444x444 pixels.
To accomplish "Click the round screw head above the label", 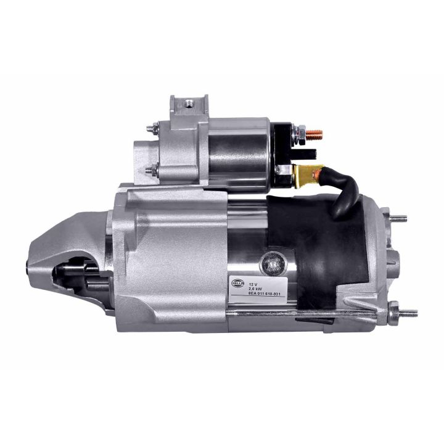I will pyautogui.click(x=269, y=262).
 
